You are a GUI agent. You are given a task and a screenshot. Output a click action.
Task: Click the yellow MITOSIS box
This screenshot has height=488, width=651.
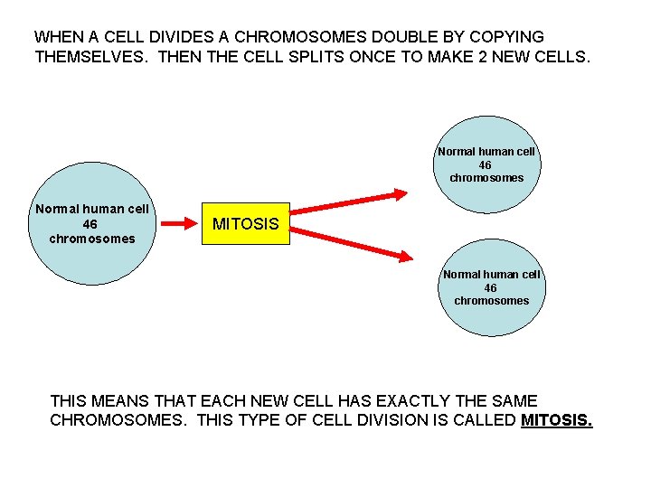[245, 224]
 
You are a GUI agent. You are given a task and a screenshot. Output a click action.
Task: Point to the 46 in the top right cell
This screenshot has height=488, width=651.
[485, 165]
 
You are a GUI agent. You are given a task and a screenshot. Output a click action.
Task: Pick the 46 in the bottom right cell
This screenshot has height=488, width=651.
[490, 288]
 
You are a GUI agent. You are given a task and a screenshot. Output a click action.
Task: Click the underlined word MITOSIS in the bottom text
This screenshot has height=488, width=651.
[557, 420]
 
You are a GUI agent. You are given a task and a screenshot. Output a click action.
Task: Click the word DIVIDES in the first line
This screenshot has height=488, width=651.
[177, 38]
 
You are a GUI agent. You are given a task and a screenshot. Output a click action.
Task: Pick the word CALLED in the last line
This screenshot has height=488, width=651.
[485, 420]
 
